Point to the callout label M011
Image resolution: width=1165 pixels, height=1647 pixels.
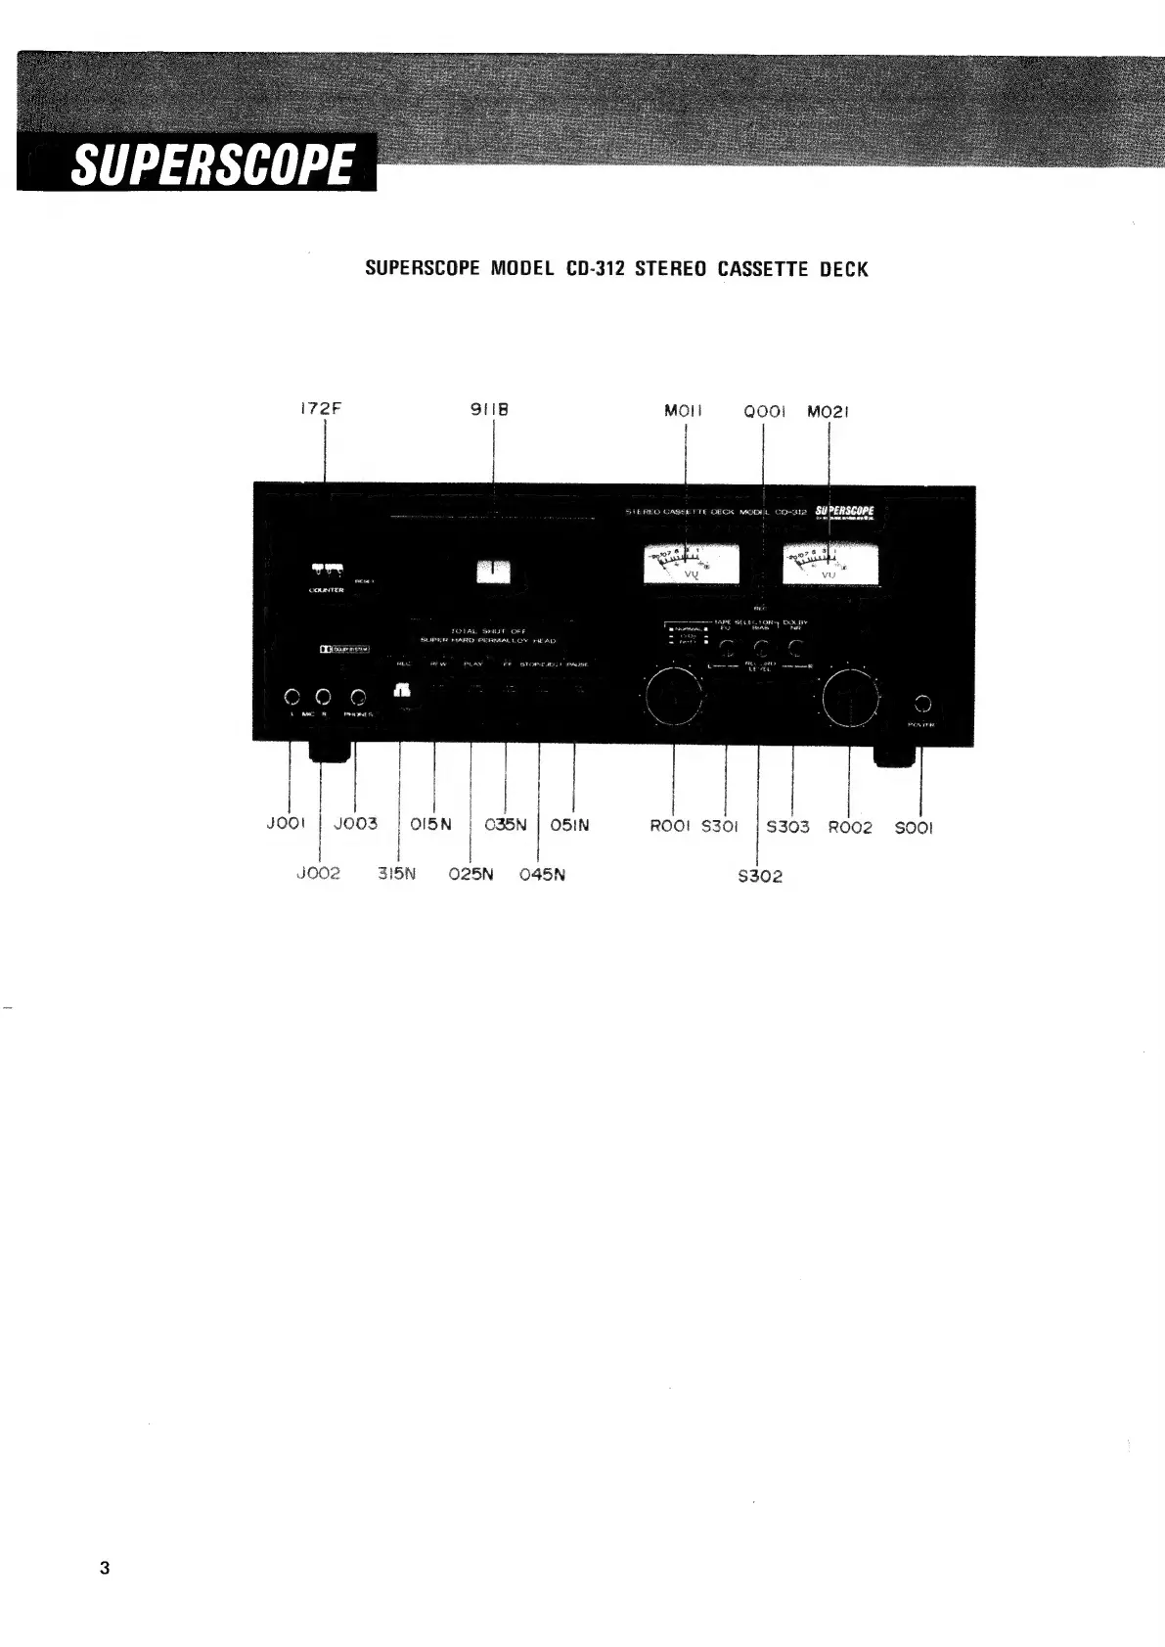683,411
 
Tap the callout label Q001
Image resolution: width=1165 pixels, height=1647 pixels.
763,412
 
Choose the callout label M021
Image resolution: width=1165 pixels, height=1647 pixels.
828,412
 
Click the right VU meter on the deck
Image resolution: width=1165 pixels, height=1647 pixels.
829,566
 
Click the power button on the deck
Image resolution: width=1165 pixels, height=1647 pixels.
921,704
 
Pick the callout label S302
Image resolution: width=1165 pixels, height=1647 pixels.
760,876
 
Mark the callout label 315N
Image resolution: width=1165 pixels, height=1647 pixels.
397,874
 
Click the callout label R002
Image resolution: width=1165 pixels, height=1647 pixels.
849,827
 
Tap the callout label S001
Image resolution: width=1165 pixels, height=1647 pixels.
915,828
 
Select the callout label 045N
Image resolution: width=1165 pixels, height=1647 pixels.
542,874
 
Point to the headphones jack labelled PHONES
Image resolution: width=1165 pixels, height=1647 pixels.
358,698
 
